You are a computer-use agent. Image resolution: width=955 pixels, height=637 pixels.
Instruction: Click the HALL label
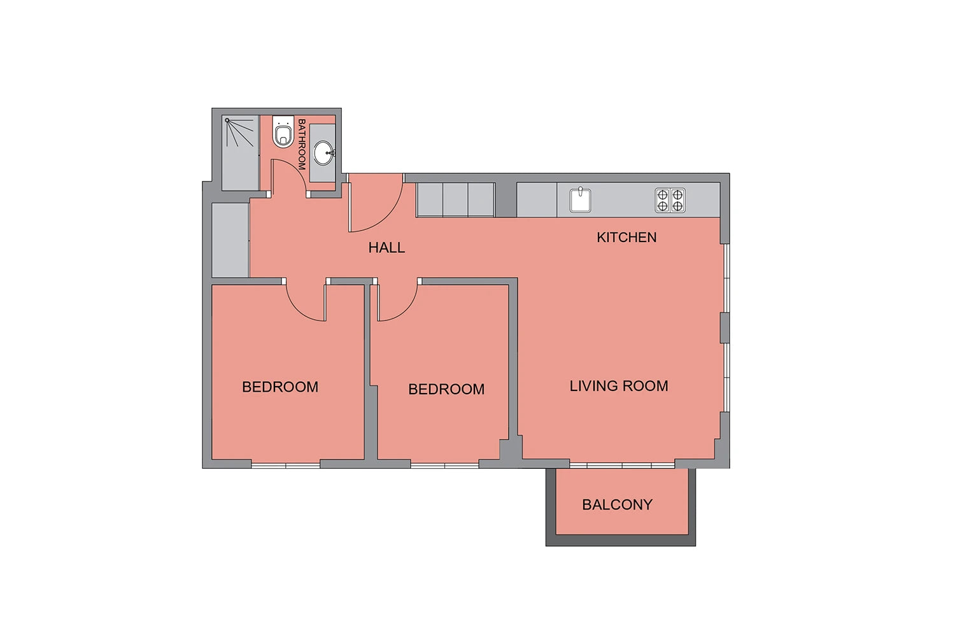386,247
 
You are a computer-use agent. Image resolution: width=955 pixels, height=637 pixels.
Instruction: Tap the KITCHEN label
626,237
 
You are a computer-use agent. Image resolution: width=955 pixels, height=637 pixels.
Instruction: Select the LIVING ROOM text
619,385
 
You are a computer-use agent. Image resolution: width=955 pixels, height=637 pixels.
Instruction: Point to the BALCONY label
617,505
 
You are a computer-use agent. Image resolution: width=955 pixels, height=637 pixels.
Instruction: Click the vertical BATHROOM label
301,144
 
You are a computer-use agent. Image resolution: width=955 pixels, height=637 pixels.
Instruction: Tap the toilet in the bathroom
283,131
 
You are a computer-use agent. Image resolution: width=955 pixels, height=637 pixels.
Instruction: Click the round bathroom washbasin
324,153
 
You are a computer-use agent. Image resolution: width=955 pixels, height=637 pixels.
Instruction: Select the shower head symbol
239,132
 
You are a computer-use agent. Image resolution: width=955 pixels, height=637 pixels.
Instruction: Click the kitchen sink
580,199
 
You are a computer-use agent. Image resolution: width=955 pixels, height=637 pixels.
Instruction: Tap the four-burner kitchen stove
670,201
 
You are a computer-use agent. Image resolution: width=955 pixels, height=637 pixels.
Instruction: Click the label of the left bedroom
280,387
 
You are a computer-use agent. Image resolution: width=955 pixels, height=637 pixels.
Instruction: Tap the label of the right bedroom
446,389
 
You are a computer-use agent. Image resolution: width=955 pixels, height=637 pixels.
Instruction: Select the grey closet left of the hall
230,240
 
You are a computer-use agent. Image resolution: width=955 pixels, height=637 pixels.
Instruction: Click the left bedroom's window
286,465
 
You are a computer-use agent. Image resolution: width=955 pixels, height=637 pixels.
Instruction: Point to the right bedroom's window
444,465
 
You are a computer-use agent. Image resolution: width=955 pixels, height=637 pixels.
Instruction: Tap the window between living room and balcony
622,465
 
